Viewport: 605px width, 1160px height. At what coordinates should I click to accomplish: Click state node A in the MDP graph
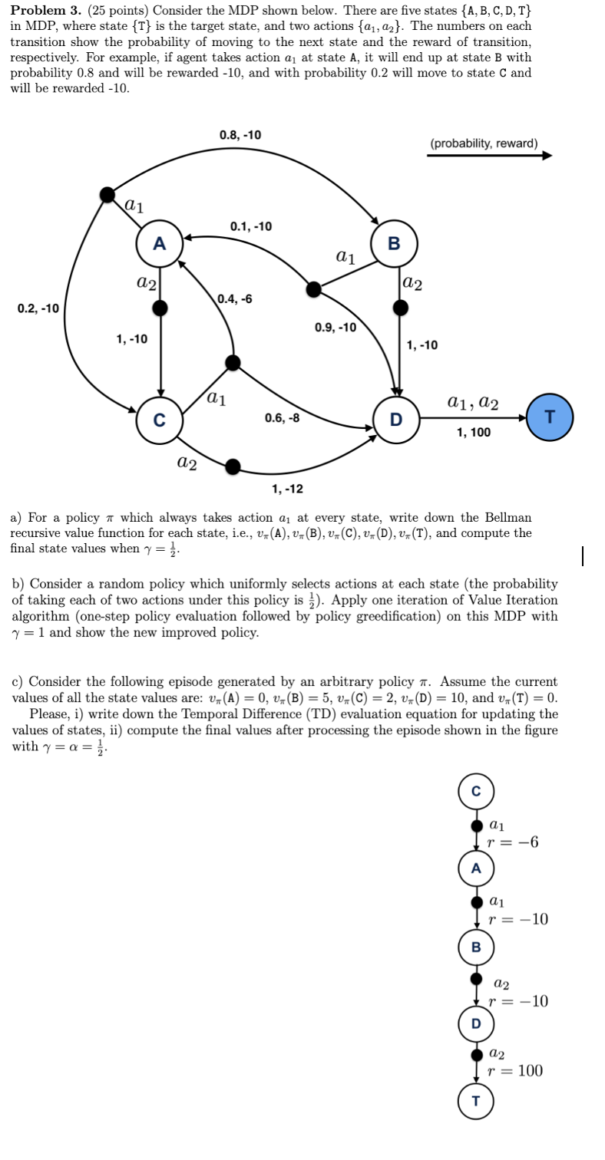click(x=159, y=244)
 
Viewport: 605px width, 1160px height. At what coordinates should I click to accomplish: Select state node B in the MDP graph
click(x=394, y=244)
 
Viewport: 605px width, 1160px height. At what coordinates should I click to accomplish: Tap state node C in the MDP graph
click(x=159, y=420)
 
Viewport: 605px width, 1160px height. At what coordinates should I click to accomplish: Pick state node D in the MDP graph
click(x=396, y=419)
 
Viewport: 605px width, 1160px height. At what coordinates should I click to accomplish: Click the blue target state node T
click(x=550, y=417)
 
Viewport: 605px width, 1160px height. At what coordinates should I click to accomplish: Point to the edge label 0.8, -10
click(x=240, y=135)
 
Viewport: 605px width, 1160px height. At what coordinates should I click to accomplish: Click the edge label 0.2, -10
click(x=38, y=308)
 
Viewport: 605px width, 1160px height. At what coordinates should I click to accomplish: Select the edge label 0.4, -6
click(x=234, y=298)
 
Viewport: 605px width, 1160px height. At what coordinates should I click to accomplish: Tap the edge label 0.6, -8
click(x=282, y=418)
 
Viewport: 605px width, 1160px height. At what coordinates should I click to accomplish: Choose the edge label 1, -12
click(x=287, y=489)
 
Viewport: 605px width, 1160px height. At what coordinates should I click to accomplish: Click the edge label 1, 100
click(x=473, y=433)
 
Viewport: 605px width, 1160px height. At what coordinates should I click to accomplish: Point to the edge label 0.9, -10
click(x=336, y=328)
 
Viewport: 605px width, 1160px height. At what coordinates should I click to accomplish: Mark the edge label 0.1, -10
click(x=251, y=226)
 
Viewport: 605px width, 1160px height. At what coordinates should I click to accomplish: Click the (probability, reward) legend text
click(x=484, y=143)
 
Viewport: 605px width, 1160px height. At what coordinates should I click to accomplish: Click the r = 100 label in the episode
click(x=515, y=1071)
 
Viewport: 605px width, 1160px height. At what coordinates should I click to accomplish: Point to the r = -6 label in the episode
click(x=513, y=842)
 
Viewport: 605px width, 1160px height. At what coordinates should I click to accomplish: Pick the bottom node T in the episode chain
click(x=476, y=1101)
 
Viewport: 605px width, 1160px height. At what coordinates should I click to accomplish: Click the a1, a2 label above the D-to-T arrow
click(x=472, y=402)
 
